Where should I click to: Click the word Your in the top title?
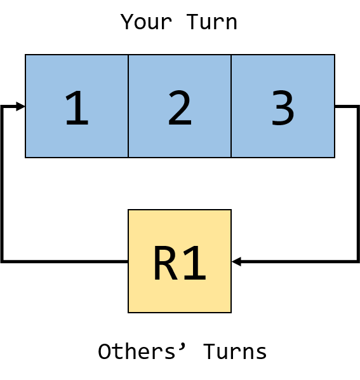pyautogui.click(x=146, y=22)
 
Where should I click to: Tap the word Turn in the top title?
pyautogui.click(x=211, y=22)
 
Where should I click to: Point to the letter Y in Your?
pyautogui.click(x=127, y=22)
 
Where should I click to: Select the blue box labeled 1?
pyautogui.click(x=77, y=106)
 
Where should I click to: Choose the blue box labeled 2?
pyautogui.click(x=180, y=106)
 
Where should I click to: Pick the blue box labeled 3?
pyautogui.click(x=283, y=106)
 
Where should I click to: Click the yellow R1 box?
pyautogui.click(x=180, y=261)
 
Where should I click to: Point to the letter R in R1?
pyautogui.click(x=165, y=262)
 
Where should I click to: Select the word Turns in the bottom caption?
pyautogui.click(x=235, y=351)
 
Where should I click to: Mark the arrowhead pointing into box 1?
pyautogui.click(x=20, y=106)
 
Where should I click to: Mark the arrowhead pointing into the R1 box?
pyautogui.click(x=236, y=261)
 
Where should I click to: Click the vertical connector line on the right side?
pyautogui.click(x=358, y=184)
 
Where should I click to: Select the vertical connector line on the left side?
pyautogui.click(x=2, y=184)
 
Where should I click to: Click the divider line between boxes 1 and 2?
pyautogui.click(x=128, y=106)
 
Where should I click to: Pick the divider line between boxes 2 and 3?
pyautogui.click(x=231, y=106)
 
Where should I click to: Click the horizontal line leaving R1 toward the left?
pyautogui.click(x=65, y=261)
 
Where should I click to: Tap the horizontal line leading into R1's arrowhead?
pyautogui.click(x=300, y=261)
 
